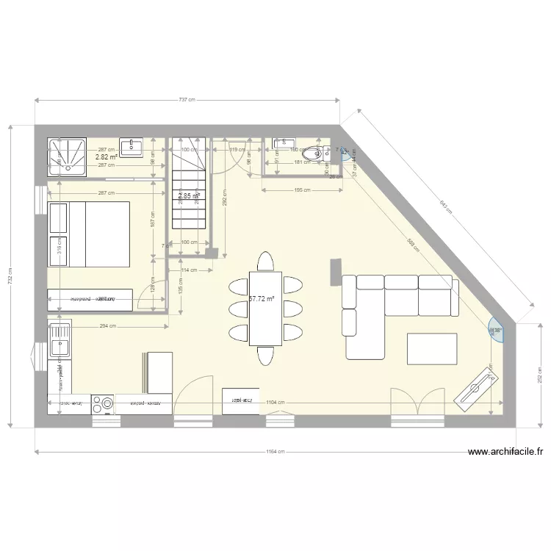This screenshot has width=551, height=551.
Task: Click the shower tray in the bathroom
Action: (68, 155)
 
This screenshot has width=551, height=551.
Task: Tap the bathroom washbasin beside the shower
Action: (132, 148)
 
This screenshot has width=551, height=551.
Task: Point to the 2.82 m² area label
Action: (107, 157)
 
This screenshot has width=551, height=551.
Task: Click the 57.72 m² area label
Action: (262, 299)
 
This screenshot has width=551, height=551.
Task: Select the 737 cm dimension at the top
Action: (187, 101)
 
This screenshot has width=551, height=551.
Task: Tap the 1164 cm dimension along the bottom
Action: (275, 452)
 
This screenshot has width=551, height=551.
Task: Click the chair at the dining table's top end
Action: (265, 261)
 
